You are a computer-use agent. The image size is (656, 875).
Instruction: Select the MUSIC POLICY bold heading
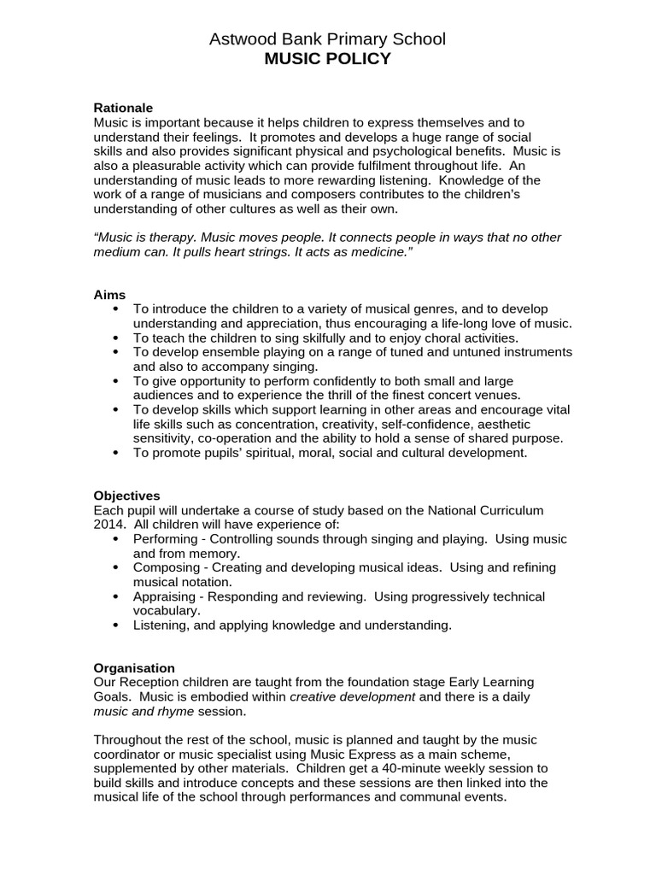tap(327, 58)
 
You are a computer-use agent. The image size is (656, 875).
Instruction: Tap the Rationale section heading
tap(122, 108)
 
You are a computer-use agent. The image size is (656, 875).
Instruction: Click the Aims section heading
tap(109, 294)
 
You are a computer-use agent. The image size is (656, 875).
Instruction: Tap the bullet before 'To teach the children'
tap(116, 338)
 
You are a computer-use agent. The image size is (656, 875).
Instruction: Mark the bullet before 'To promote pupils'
tap(116, 453)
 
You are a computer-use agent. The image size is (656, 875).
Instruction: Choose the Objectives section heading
tap(126, 496)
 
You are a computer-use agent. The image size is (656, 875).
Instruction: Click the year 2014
tap(109, 525)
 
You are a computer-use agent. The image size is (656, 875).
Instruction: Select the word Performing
tap(166, 539)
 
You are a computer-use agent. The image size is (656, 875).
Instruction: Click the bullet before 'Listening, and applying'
tap(116, 625)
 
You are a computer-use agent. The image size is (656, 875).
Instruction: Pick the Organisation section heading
tap(134, 668)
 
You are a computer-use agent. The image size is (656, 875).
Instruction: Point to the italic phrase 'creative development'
tap(352, 696)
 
